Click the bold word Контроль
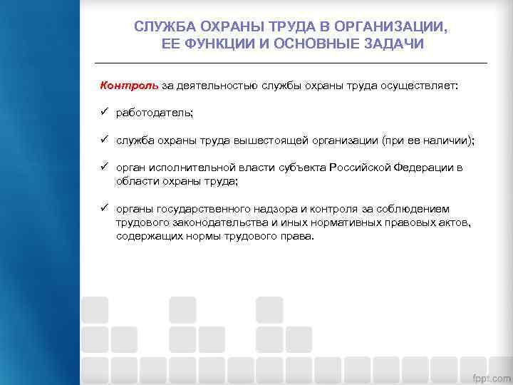click(x=129, y=86)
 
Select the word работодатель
click(x=155, y=113)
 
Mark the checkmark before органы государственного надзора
click(x=104, y=208)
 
